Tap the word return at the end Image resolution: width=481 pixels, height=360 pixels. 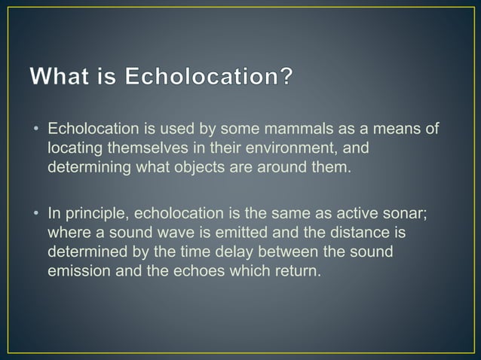[299, 270]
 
